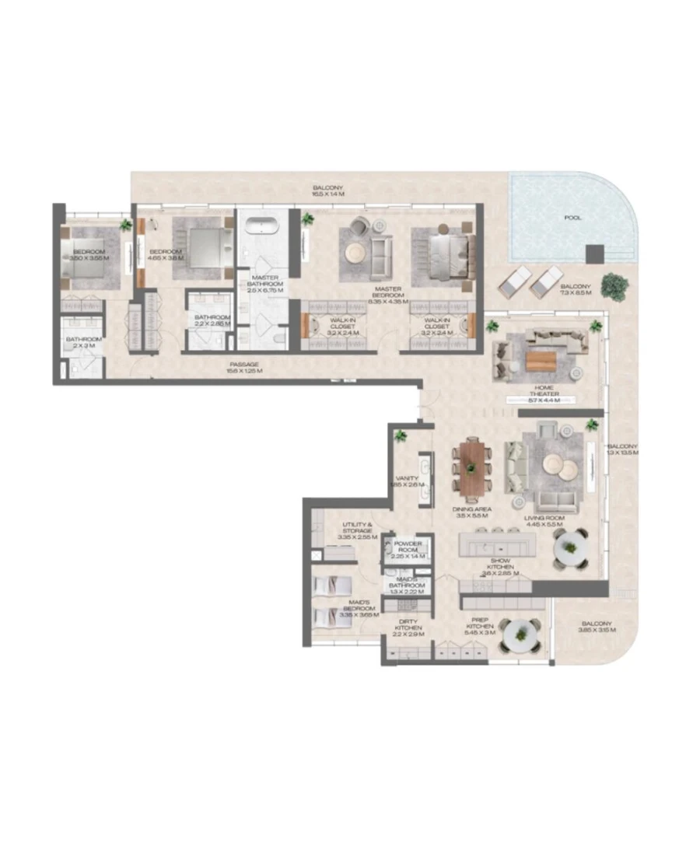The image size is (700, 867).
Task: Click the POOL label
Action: coord(572,218)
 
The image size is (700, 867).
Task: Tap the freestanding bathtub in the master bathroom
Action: coord(262,227)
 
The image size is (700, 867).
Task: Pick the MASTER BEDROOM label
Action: coord(387,290)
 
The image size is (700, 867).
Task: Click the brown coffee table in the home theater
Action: coord(542,360)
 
